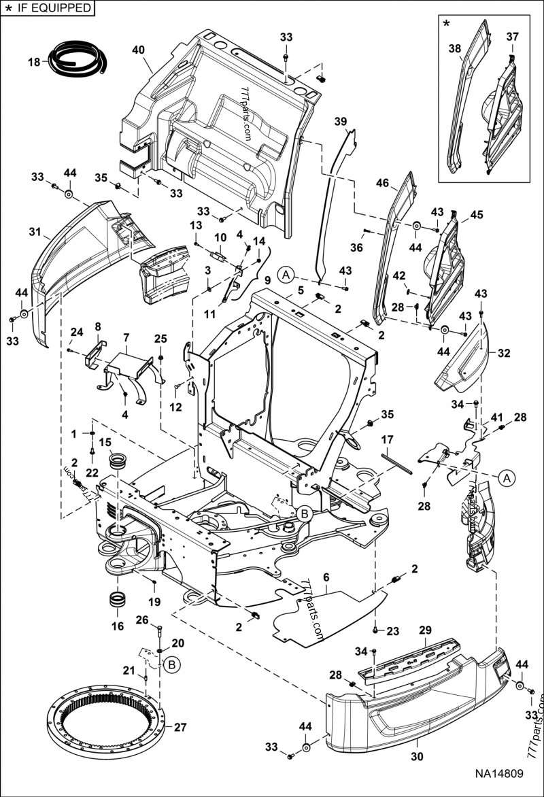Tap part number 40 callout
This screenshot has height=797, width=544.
click(x=138, y=49)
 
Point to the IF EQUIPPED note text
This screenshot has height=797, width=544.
click(x=52, y=8)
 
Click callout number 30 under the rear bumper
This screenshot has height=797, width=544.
click(x=414, y=752)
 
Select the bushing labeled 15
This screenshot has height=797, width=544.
click(x=118, y=460)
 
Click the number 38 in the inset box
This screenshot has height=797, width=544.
click(x=455, y=48)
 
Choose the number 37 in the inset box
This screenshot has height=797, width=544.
click(x=511, y=36)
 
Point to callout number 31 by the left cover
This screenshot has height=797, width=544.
click(x=35, y=232)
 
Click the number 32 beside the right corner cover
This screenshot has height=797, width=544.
click(x=504, y=353)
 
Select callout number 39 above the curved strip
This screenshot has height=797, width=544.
click(x=341, y=120)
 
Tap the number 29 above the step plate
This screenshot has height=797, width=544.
click(x=425, y=631)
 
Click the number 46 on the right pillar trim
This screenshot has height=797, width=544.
click(x=382, y=183)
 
